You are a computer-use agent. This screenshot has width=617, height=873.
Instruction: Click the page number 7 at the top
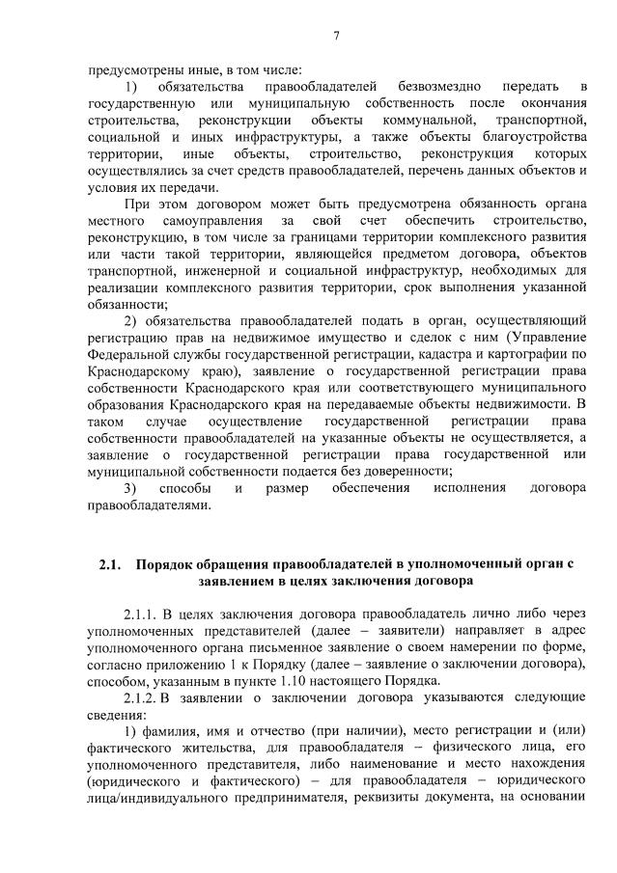click(336, 38)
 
